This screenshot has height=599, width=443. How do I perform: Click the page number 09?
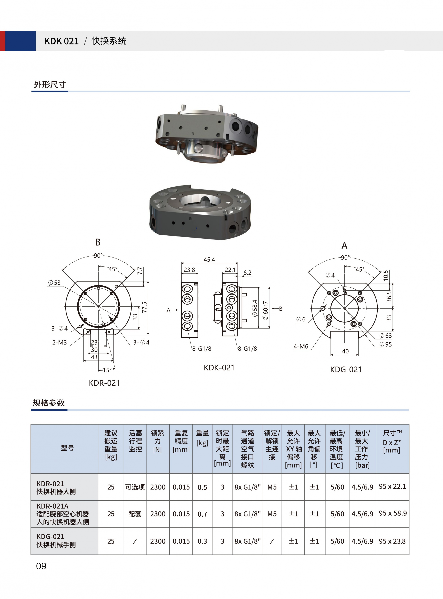point(41,566)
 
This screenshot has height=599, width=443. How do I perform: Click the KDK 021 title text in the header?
point(61,41)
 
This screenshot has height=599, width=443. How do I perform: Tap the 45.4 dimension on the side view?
point(209,260)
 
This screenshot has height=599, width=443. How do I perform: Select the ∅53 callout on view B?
point(54,283)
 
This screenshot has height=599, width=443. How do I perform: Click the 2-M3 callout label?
point(59,342)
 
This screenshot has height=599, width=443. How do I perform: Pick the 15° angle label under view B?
point(107,370)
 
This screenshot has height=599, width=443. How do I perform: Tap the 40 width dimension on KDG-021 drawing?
point(345,351)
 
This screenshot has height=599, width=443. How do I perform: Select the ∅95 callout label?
point(386,344)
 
